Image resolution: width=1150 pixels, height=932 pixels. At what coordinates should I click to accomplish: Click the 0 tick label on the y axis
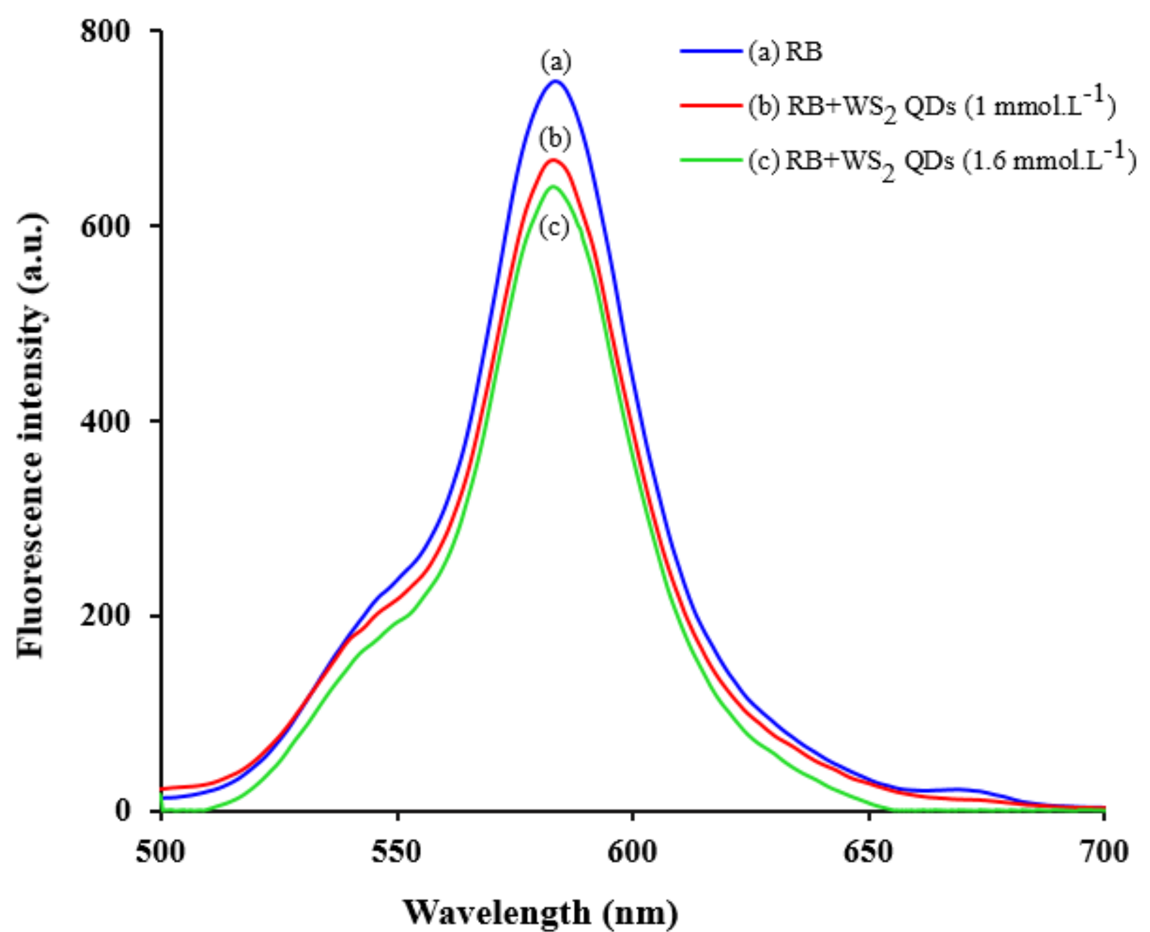click(122, 810)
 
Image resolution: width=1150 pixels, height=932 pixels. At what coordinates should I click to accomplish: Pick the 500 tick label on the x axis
click(161, 852)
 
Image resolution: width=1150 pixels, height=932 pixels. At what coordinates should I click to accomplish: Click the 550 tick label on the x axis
click(397, 852)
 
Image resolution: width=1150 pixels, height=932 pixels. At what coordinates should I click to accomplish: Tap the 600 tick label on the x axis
click(632, 852)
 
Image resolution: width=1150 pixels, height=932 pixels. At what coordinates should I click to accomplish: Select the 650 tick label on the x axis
click(868, 852)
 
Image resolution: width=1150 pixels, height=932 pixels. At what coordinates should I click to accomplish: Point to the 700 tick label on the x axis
click(1104, 852)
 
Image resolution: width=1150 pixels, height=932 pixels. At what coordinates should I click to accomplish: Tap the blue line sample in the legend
click(711, 52)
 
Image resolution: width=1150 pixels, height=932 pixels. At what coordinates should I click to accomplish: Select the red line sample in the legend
click(711, 105)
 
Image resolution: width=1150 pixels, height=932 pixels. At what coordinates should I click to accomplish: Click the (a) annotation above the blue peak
click(556, 62)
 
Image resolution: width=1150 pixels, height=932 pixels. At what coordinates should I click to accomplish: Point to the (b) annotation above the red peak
click(555, 139)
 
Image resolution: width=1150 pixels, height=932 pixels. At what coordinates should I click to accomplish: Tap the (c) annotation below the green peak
click(554, 228)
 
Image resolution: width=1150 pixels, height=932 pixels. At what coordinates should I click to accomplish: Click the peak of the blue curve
click(555, 81)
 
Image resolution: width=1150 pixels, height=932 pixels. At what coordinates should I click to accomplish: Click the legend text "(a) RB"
click(785, 52)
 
